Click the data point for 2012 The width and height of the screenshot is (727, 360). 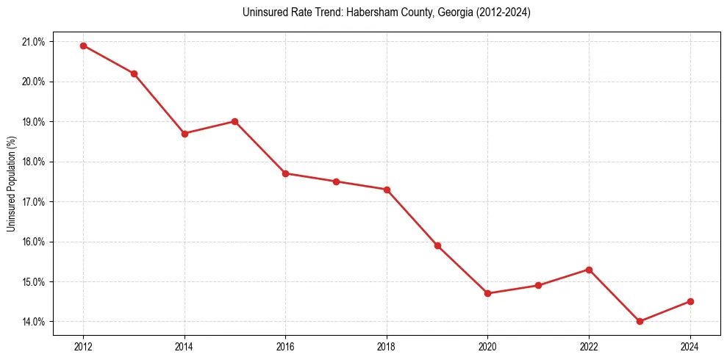tap(83, 46)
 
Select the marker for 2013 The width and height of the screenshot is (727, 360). tap(134, 73)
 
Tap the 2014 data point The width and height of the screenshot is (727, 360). tap(185, 134)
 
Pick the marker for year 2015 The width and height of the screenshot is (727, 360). tap(234, 121)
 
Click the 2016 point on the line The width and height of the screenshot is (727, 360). tap(285, 173)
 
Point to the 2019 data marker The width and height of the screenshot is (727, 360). tap(437, 245)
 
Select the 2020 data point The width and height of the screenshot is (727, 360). tap(487, 293)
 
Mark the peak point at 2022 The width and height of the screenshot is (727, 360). tap(589, 270)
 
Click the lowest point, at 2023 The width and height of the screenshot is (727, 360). tap(640, 321)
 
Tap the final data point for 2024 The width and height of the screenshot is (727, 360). tap(690, 301)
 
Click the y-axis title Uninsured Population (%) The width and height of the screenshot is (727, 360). tap(11, 183)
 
